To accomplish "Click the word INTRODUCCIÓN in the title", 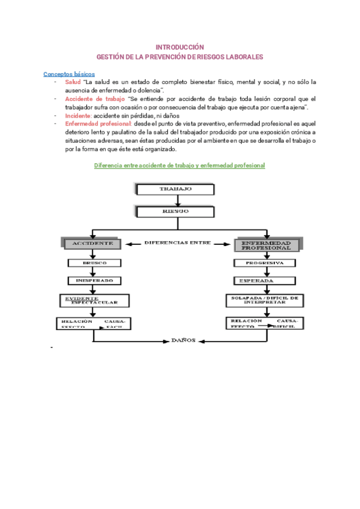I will [180, 47].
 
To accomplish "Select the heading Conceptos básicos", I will [69, 74].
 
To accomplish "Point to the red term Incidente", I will [79, 115].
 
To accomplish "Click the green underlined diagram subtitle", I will [180, 165].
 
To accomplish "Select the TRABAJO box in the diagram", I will [175, 189].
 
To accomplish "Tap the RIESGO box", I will [175, 211].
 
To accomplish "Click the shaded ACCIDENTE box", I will [92, 243].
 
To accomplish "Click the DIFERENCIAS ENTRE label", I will [178, 242].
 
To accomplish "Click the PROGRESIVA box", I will [264, 262].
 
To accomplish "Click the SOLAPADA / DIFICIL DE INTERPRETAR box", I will [265, 300].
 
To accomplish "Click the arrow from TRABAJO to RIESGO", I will [175, 200].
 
